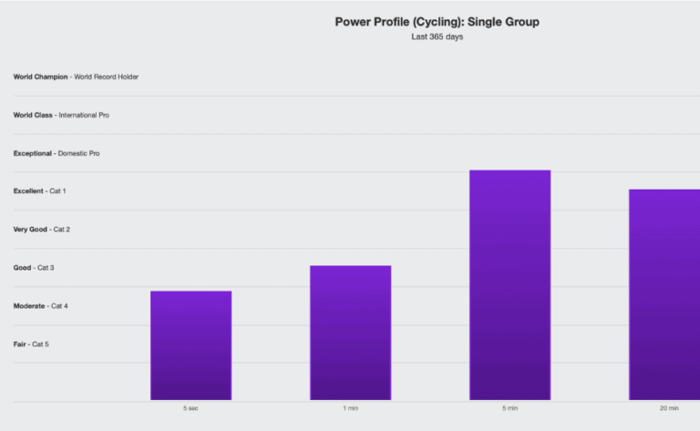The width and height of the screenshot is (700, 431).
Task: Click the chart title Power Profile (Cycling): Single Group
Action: (x=437, y=22)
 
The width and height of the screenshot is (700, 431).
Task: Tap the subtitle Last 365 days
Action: (x=437, y=37)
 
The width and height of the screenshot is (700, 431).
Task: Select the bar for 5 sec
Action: (x=190, y=345)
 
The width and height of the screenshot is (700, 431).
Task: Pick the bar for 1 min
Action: (x=350, y=333)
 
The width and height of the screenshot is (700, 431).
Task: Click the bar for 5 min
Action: (x=510, y=284)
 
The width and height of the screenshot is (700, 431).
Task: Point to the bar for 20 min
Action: (x=664, y=294)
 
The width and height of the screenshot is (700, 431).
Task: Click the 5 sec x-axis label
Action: (x=190, y=408)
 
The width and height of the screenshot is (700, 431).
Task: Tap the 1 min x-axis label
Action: (x=350, y=408)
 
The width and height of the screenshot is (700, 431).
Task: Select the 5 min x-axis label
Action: (x=510, y=408)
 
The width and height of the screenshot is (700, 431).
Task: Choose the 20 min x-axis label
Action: (x=669, y=408)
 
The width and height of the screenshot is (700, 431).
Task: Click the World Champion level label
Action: (x=40, y=77)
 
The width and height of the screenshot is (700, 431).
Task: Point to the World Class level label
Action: (x=33, y=115)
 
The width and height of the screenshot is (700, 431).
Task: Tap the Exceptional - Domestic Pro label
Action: (x=57, y=153)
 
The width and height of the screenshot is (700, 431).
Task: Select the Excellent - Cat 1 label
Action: (x=39, y=191)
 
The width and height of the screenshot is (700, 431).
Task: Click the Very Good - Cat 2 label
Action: (x=42, y=230)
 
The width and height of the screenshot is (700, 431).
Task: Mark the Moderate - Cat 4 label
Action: (x=41, y=306)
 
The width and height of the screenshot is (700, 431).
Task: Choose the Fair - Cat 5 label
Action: (x=31, y=344)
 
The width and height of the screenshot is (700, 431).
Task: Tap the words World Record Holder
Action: (x=107, y=77)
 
